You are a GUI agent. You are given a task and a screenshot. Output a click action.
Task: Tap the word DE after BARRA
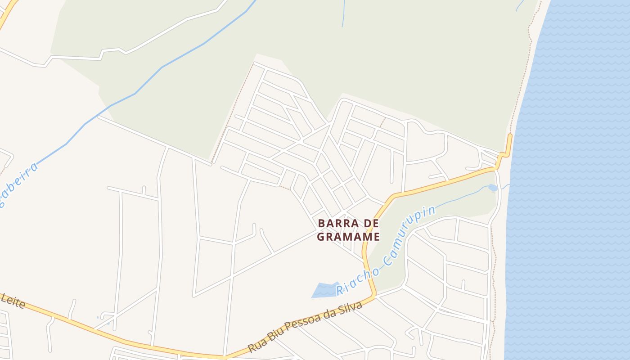coord(370,223)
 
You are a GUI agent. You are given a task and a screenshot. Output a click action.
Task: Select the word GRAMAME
coord(349,236)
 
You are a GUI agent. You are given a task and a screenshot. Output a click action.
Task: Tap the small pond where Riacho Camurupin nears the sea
coord(492,188)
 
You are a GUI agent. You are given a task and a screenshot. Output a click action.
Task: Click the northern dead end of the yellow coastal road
coord(510,135)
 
